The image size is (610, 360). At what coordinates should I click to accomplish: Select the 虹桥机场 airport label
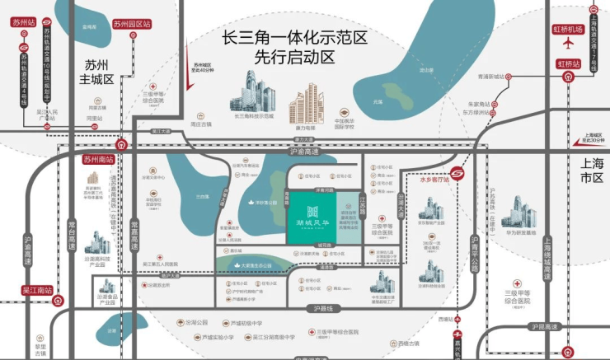(569, 30)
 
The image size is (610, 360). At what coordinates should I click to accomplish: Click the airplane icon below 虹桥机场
(569, 44)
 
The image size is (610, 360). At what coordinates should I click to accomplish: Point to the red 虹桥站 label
(569, 63)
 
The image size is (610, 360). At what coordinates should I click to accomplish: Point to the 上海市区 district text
(592, 171)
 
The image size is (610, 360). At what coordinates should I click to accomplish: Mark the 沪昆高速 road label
(548, 327)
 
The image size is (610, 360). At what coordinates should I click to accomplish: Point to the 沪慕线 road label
(328, 308)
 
